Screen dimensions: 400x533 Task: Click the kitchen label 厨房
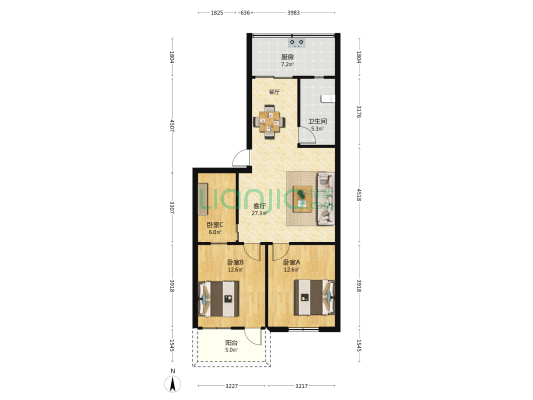point(287,57)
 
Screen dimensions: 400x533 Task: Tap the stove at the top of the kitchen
point(297,42)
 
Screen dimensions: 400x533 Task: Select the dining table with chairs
point(270,122)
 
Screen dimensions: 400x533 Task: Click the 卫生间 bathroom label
point(316,123)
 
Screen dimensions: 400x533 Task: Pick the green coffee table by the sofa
point(301,194)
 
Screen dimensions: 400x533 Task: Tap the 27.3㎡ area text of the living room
point(258,213)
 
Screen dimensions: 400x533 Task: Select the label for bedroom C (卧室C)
point(215,225)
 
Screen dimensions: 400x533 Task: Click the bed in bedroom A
point(313,295)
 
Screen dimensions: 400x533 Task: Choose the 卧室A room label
point(291,262)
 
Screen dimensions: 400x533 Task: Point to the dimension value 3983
point(293,13)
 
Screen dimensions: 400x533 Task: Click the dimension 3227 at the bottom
point(231,386)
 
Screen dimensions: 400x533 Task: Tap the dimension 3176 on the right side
point(359,113)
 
